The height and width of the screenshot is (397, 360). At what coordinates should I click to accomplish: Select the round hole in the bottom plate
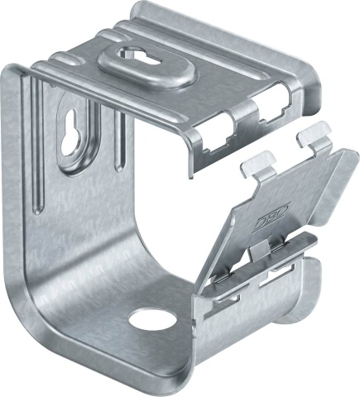(148, 318)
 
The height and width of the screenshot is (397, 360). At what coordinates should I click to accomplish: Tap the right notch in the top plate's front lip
(268, 110)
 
